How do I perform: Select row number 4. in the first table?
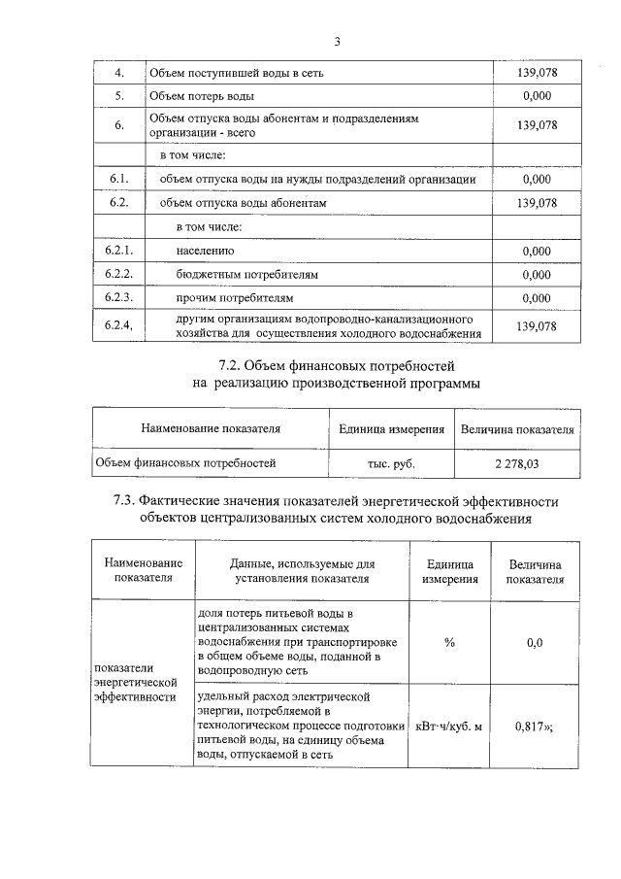[118, 73]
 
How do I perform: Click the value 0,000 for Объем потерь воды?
[536, 96]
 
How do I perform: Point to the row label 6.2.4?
[118, 326]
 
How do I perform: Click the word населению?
[206, 251]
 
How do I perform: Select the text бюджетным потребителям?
[247, 275]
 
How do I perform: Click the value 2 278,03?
[514, 463]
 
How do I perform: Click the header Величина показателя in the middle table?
[516, 428]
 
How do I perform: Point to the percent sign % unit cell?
[449, 642]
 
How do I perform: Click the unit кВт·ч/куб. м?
[448, 726]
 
